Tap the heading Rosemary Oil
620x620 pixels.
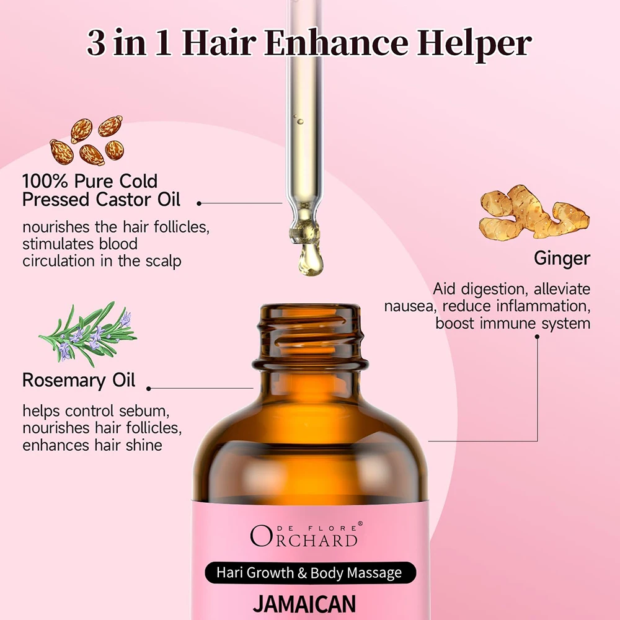(79, 379)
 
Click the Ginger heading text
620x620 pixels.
(562, 258)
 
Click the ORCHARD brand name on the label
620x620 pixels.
(304, 537)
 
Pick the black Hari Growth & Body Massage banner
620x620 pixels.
(309, 573)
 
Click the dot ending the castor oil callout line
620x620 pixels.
(199, 203)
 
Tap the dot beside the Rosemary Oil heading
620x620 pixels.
(149, 389)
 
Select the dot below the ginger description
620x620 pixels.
(537, 337)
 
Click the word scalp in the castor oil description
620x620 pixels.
(162, 261)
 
